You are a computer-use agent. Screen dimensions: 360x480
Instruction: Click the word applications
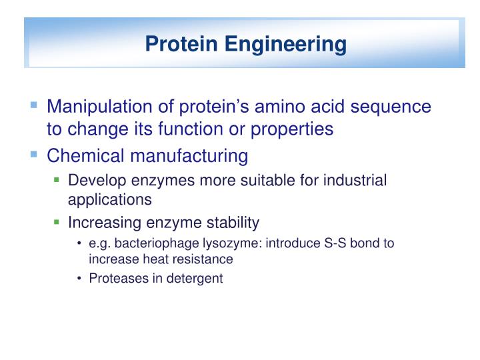click(x=110, y=199)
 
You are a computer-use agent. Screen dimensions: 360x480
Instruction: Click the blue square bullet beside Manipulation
click(x=34, y=106)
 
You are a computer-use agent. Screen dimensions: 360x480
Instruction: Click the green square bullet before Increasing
click(x=57, y=221)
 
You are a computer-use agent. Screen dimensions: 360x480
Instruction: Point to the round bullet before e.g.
click(x=79, y=244)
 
